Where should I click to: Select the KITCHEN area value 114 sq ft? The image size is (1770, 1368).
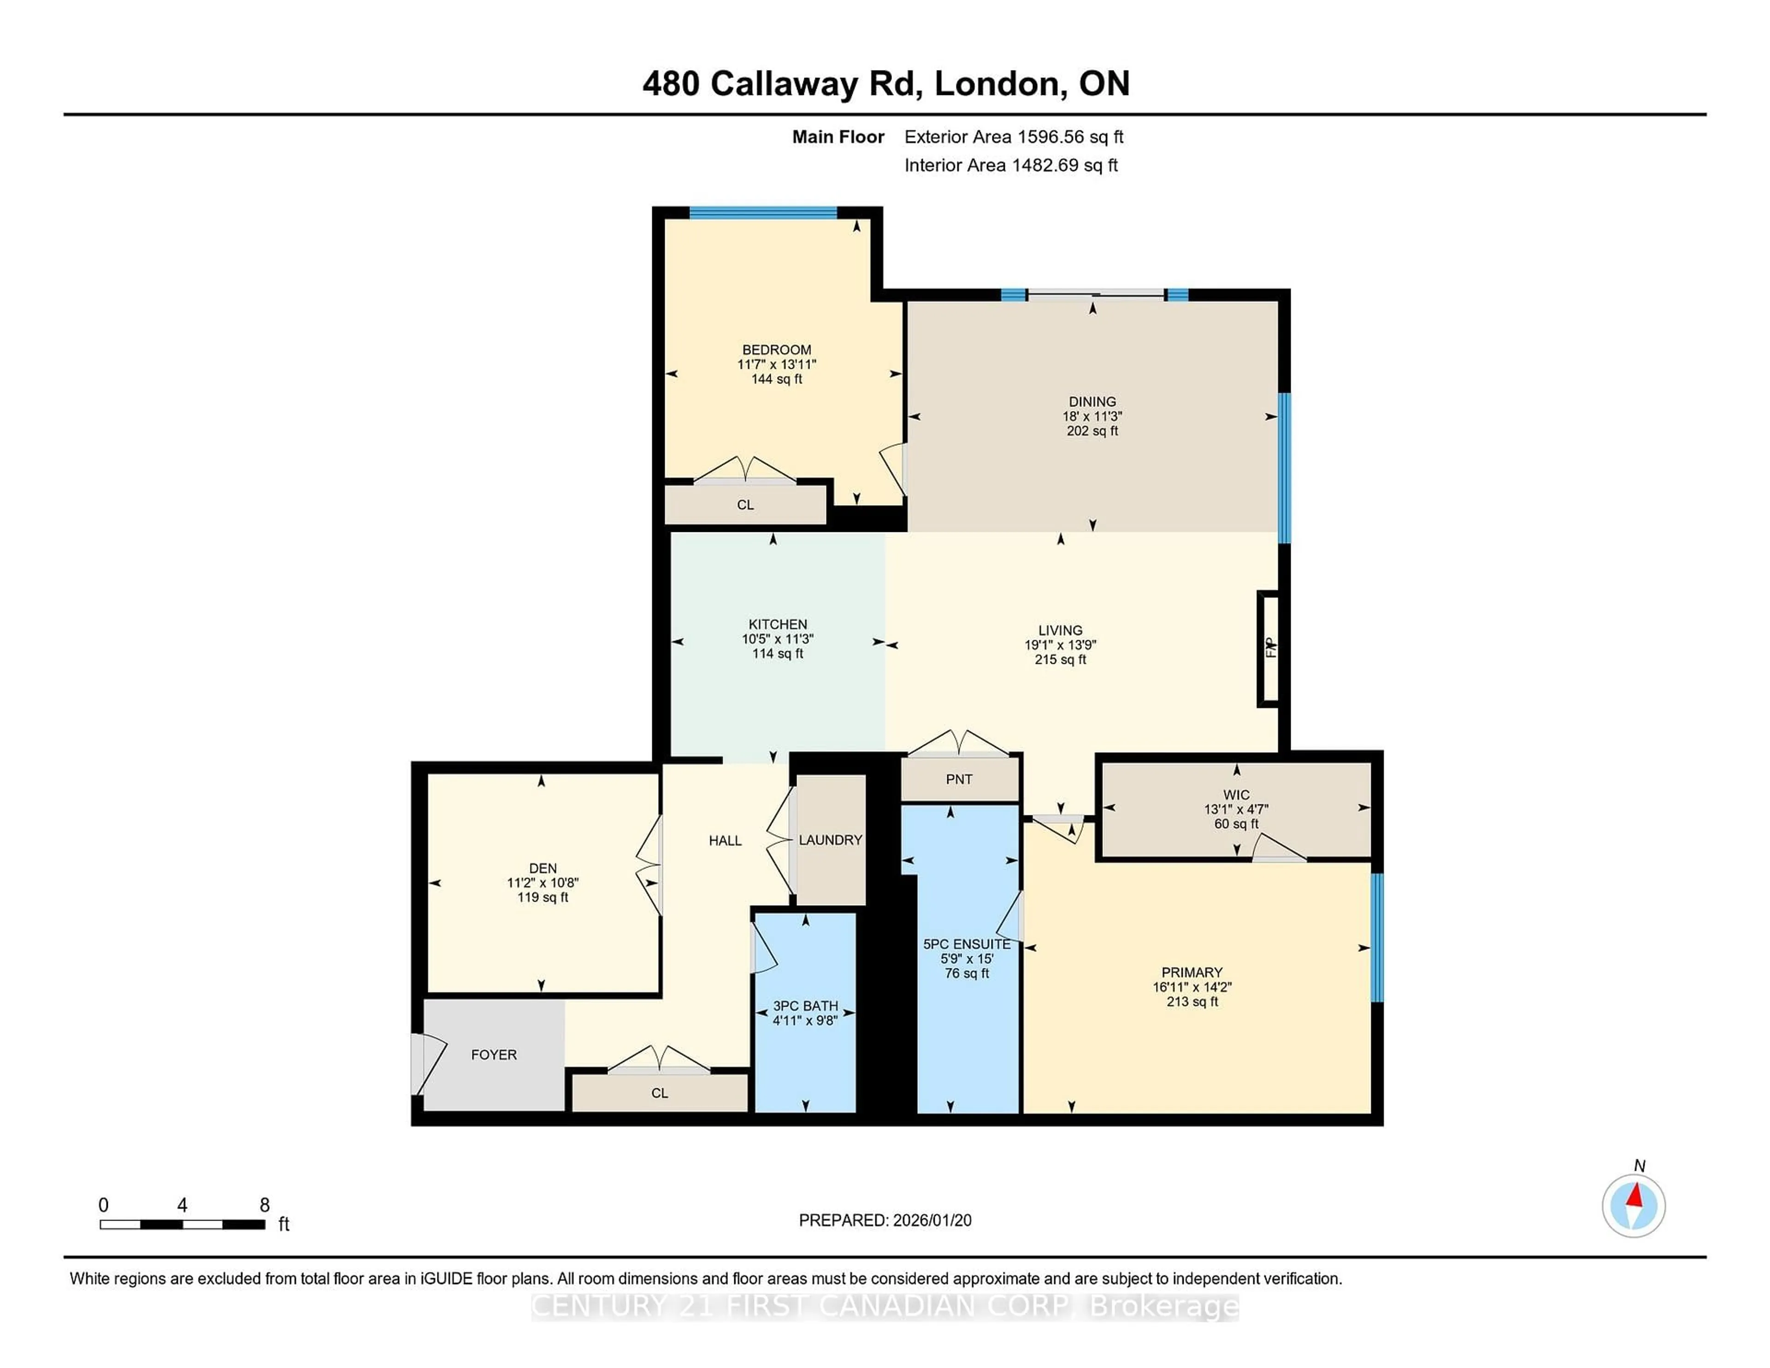777,653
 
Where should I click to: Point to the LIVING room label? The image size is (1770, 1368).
1060,630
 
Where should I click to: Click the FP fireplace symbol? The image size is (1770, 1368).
1269,649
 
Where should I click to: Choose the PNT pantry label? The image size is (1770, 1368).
959,779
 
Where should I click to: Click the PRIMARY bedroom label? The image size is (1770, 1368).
1192,972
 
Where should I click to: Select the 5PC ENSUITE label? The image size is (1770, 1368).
966,944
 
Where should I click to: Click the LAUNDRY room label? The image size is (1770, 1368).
830,840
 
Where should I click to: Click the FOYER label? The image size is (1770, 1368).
494,1055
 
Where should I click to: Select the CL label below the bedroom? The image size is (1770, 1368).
745,505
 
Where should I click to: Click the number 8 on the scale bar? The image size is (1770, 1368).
264,1204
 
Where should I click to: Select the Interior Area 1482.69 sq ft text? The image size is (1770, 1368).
1011,165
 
